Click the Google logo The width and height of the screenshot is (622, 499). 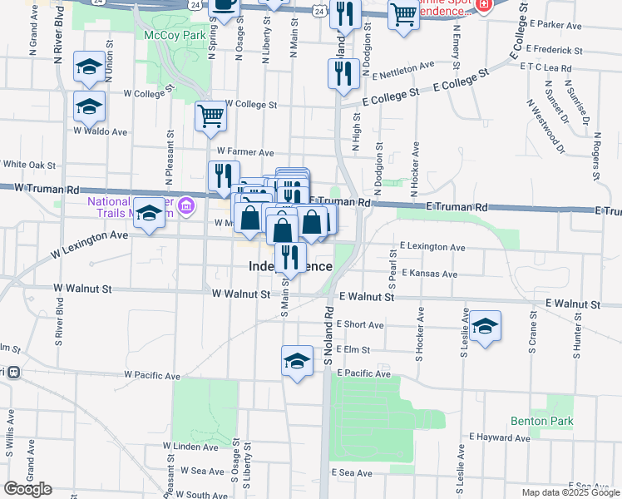[x=27, y=489]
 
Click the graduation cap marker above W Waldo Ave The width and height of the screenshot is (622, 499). [x=89, y=106]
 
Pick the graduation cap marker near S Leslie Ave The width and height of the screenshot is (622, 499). [x=484, y=326]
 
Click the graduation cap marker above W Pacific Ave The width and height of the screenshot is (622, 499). [x=296, y=361]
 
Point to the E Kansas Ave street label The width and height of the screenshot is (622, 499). [x=428, y=273]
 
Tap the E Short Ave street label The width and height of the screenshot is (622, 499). [x=361, y=324]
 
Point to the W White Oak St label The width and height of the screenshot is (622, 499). [x=30, y=166]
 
